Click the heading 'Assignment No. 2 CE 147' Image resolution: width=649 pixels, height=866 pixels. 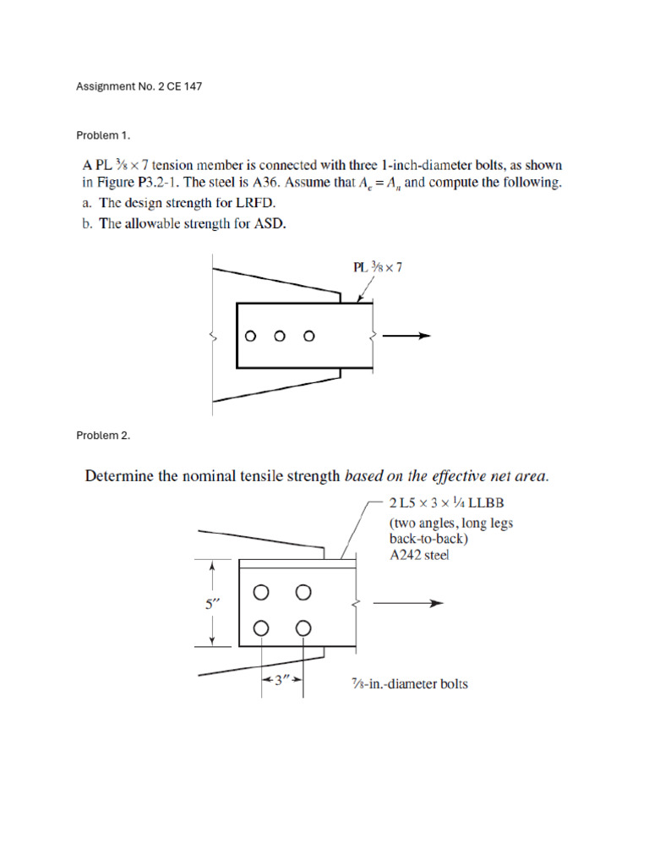(x=139, y=87)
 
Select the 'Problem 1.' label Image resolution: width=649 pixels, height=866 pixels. (x=103, y=135)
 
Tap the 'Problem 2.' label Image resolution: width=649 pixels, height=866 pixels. (x=103, y=436)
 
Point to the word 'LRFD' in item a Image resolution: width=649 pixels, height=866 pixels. (x=256, y=203)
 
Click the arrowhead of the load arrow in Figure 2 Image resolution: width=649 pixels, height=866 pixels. (x=437, y=604)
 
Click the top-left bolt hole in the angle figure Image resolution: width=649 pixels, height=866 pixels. (x=262, y=592)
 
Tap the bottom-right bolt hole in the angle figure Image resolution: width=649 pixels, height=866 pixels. (x=303, y=628)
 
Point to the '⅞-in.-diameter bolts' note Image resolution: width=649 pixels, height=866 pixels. (x=409, y=683)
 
